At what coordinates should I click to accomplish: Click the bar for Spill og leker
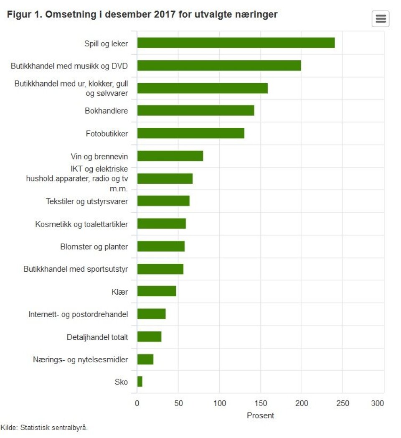click(236, 43)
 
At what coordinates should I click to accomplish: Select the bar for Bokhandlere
click(195, 110)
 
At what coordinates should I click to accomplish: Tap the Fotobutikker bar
click(190, 133)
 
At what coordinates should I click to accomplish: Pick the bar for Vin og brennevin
click(170, 156)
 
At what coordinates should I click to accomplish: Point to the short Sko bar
click(140, 382)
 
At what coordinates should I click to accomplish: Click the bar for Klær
click(157, 291)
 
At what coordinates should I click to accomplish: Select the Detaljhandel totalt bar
click(149, 337)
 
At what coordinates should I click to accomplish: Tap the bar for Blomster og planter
click(161, 247)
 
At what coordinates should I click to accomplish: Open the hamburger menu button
click(380, 19)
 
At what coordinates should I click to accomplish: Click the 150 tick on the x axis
click(261, 403)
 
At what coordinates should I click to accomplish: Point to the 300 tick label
click(378, 403)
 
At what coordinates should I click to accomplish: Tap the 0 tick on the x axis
click(137, 403)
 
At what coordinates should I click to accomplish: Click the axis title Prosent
click(260, 415)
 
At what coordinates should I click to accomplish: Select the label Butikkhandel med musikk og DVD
click(69, 66)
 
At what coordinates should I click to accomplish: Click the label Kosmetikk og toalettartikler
click(81, 224)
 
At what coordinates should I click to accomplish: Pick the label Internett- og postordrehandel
click(78, 314)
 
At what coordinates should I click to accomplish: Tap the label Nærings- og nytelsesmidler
click(80, 359)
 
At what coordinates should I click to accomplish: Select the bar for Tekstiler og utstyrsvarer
click(163, 201)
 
